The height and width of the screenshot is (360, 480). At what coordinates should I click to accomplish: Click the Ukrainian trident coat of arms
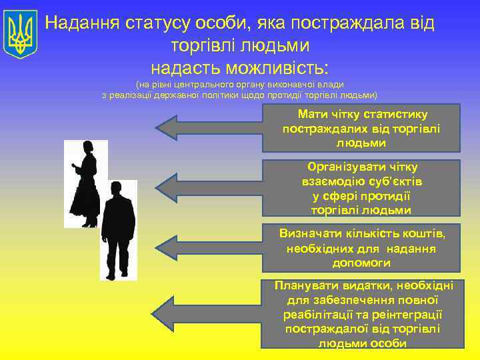(x=20, y=35)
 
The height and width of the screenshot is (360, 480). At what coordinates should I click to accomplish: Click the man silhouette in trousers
(x=119, y=230)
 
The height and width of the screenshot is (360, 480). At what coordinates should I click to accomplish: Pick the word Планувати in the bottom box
(x=309, y=285)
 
